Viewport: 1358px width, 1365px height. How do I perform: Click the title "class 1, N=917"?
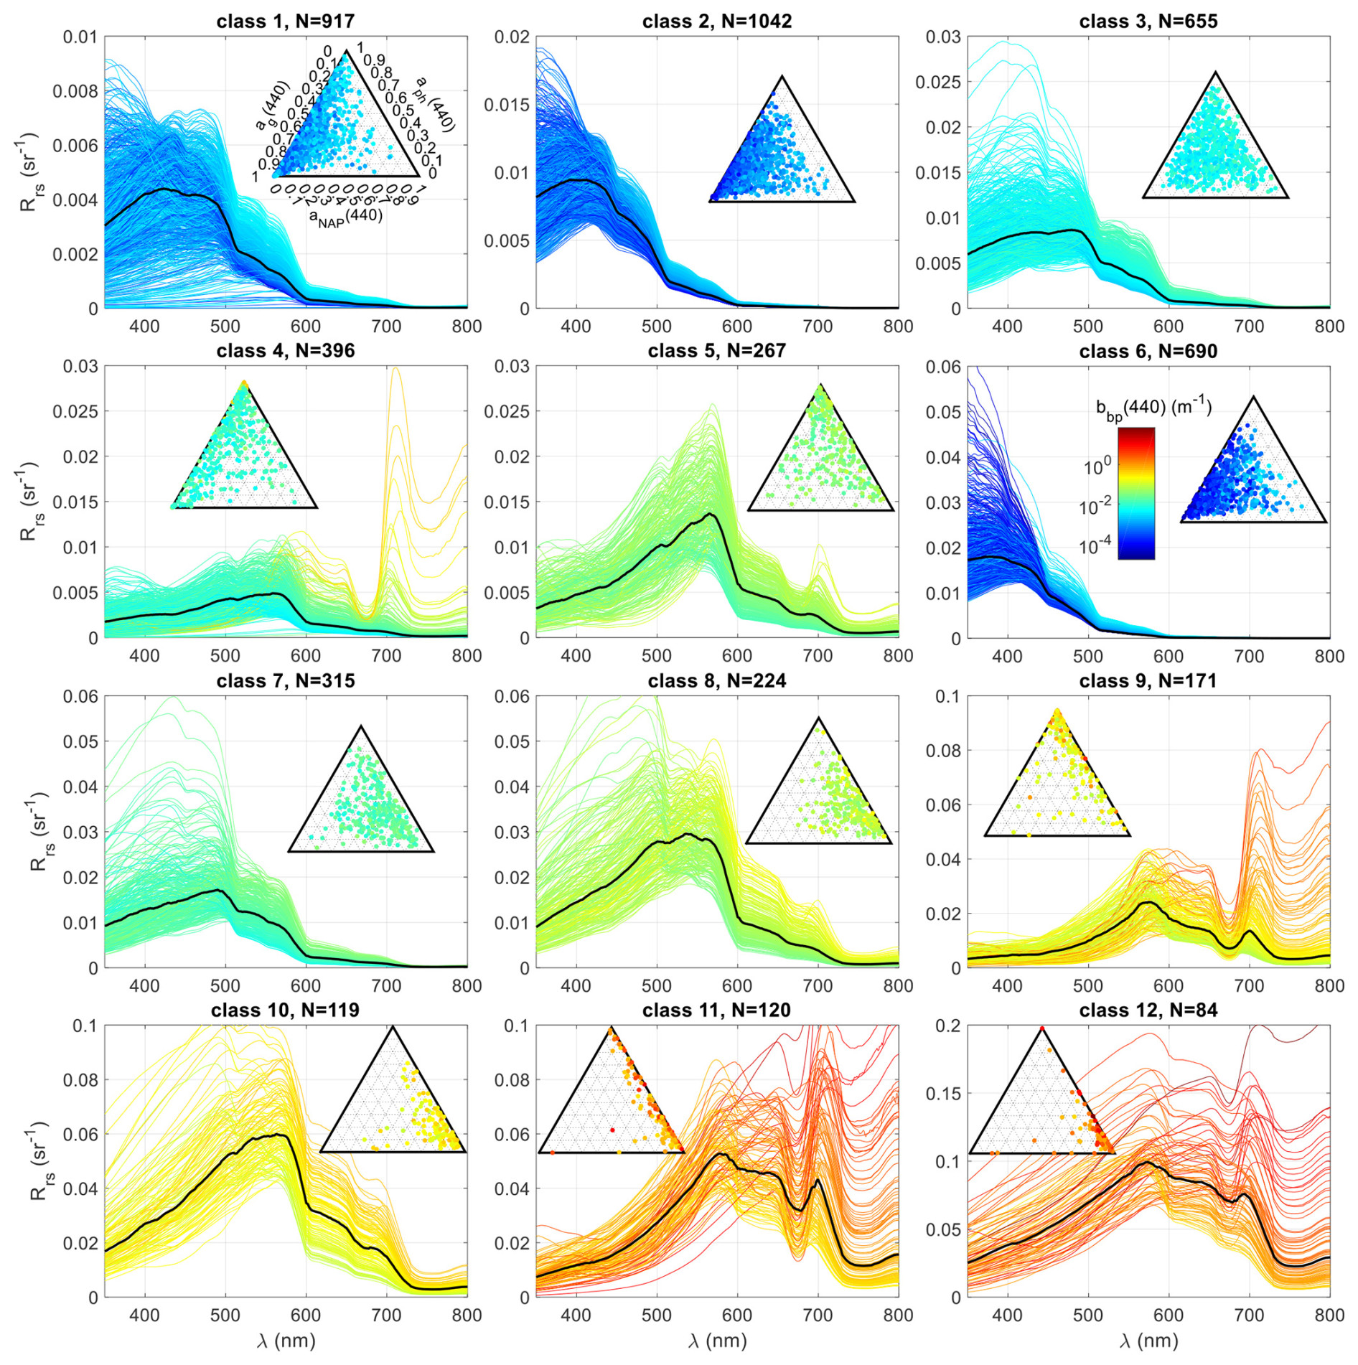(x=286, y=22)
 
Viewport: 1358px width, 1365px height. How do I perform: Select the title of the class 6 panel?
(x=1148, y=352)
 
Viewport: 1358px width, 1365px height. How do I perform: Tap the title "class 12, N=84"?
(x=1148, y=1010)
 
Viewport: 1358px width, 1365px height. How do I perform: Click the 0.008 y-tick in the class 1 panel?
(x=75, y=91)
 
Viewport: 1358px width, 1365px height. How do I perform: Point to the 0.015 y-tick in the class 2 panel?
(x=507, y=105)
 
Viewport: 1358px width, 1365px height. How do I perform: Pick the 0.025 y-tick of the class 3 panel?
(x=938, y=82)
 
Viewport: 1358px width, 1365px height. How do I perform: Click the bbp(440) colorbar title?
(x=1153, y=410)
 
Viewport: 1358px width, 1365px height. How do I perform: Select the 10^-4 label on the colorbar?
(x=1095, y=547)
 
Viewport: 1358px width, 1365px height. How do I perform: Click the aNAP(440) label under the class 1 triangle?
(x=346, y=217)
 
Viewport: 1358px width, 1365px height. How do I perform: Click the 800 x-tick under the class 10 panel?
(x=467, y=1315)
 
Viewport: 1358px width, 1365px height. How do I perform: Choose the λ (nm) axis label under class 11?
(x=717, y=1341)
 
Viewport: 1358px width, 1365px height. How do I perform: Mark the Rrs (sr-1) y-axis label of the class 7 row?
(x=37, y=832)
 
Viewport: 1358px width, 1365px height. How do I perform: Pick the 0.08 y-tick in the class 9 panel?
(x=947, y=751)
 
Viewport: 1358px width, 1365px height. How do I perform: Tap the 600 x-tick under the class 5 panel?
(x=737, y=655)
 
